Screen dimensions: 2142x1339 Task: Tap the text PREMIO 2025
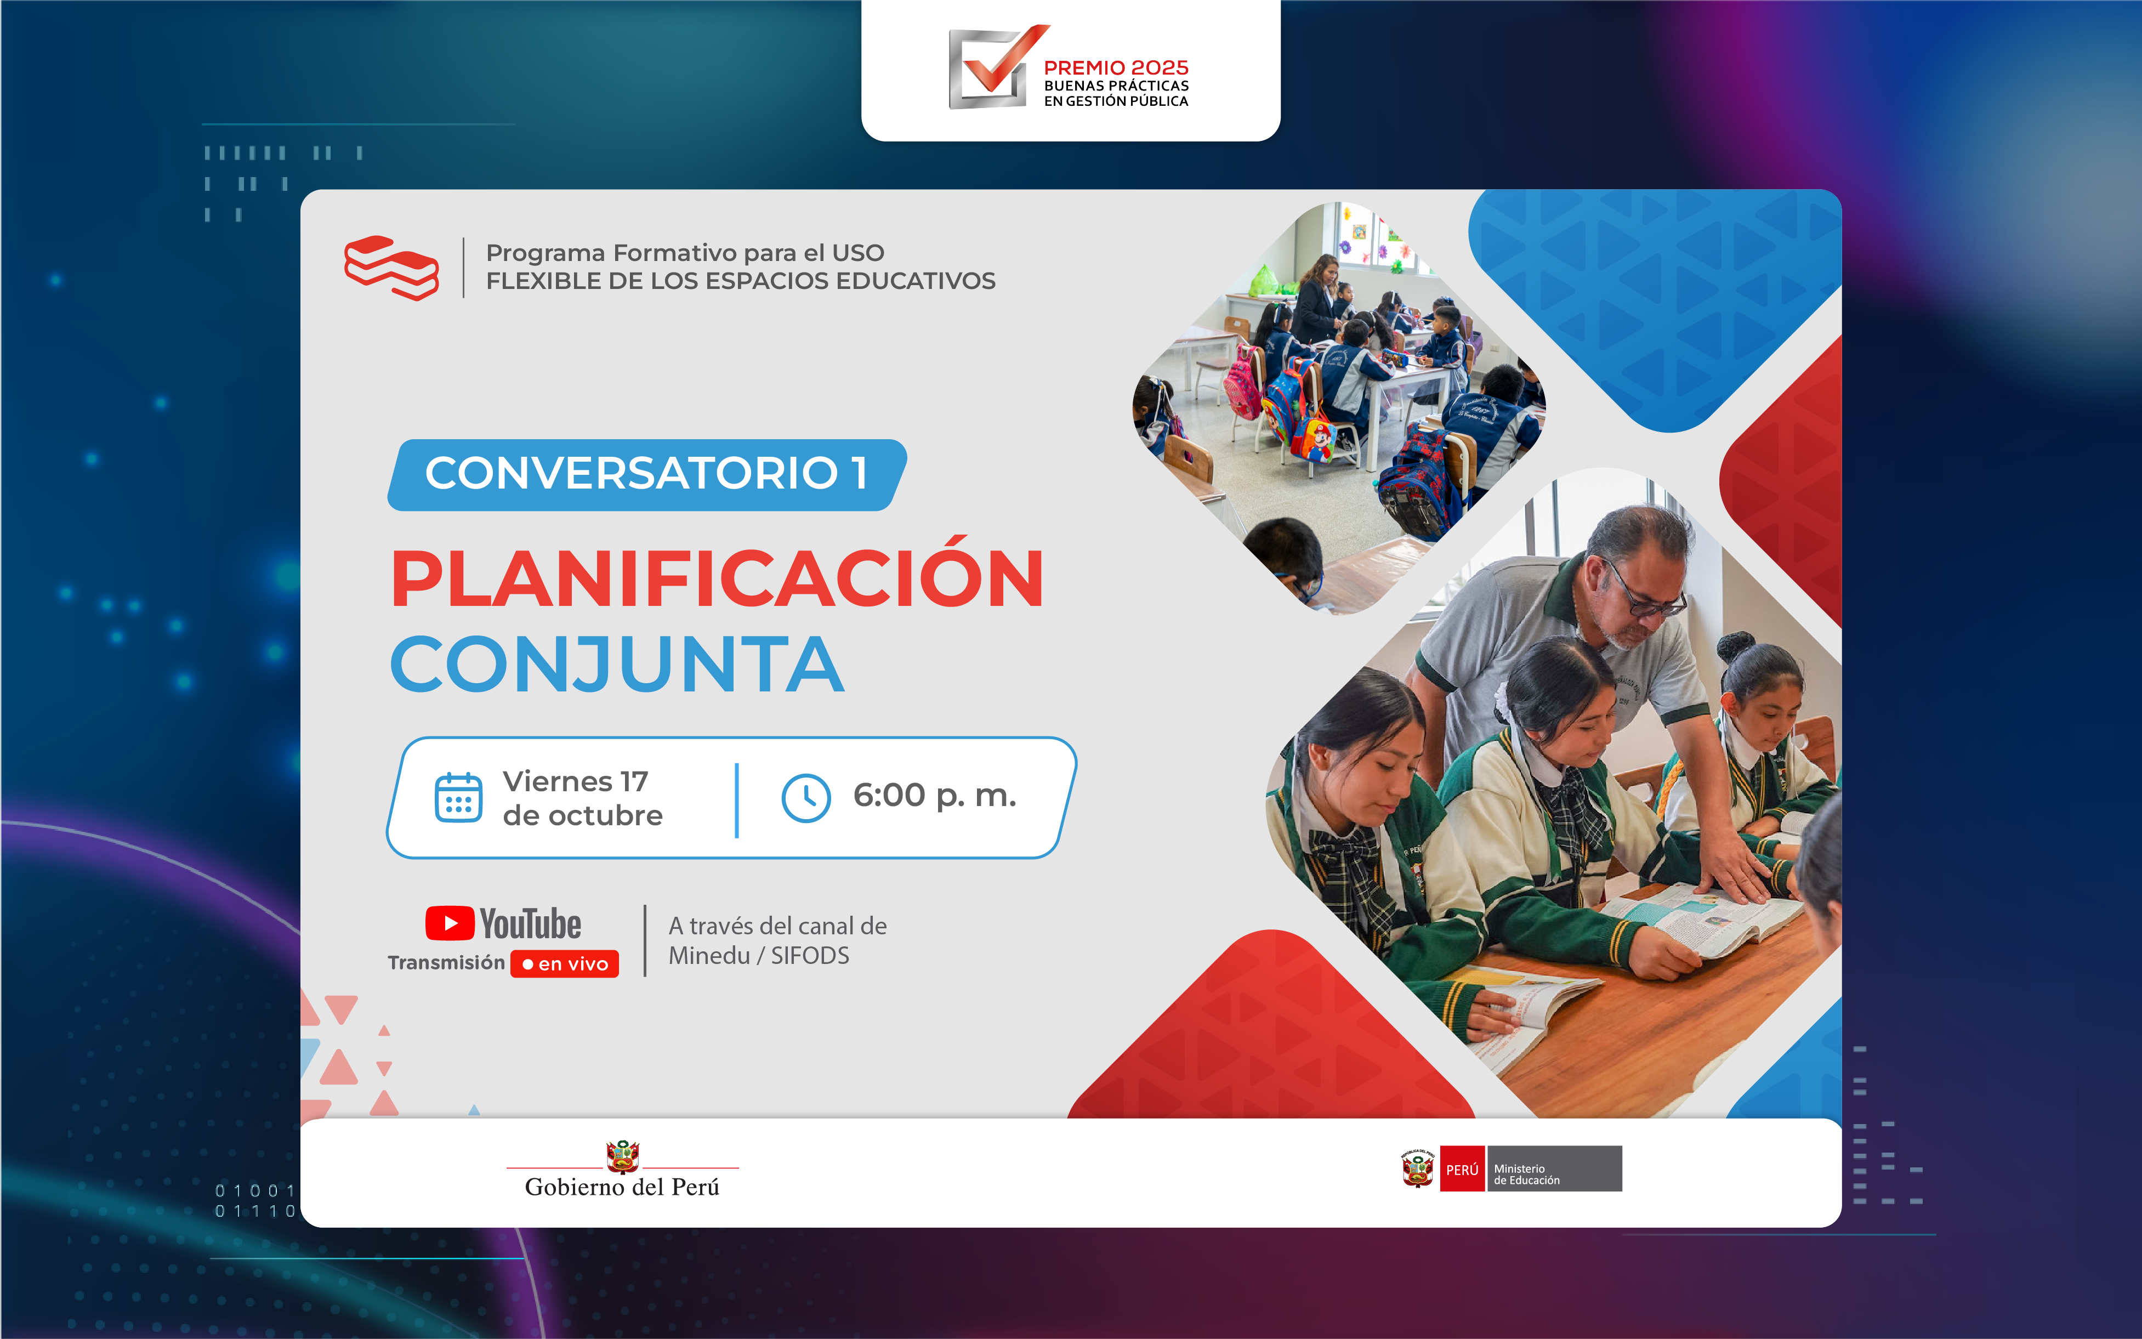tap(1116, 67)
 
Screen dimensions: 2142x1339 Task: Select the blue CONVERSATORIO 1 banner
tap(646, 475)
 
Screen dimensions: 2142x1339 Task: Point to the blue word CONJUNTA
tap(617, 664)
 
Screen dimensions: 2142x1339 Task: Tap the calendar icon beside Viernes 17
tap(459, 797)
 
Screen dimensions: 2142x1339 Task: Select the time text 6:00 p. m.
tap(934, 795)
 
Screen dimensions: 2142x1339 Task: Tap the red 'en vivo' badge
tap(565, 963)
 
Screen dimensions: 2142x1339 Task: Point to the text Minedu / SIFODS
tap(759, 956)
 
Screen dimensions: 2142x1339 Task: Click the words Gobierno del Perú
tap(622, 1188)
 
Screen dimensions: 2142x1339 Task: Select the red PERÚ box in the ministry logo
tap(1462, 1169)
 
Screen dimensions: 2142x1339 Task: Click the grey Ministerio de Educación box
tap(1555, 1169)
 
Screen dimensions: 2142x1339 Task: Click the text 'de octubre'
tap(583, 815)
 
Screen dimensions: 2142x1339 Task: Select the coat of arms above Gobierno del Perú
tap(622, 1156)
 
